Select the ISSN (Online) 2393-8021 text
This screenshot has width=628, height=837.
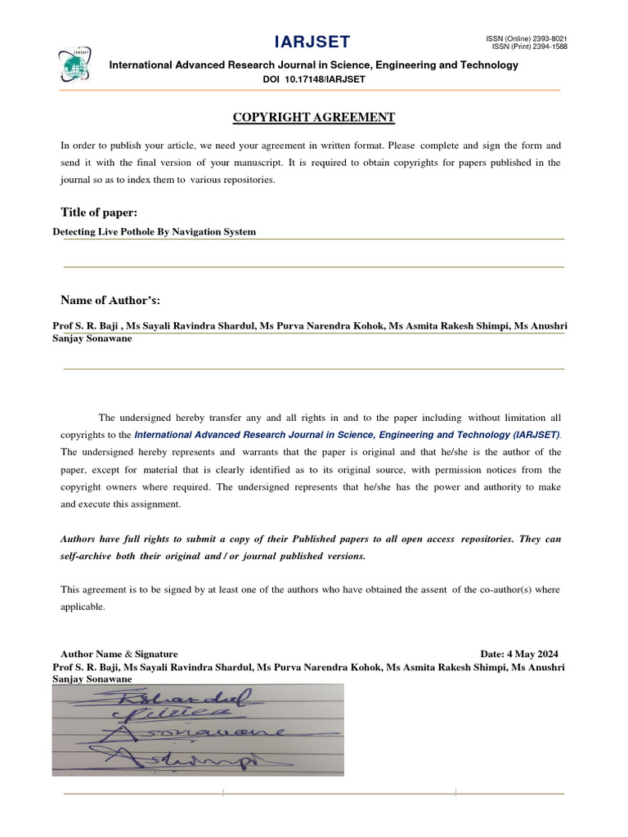point(527,38)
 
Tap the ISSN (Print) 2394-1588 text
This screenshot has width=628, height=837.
point(529,47)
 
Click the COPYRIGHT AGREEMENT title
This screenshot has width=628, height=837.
point(314,118)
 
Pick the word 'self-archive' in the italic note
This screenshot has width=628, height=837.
point(87,556)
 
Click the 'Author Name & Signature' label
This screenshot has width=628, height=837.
point(119,654)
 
